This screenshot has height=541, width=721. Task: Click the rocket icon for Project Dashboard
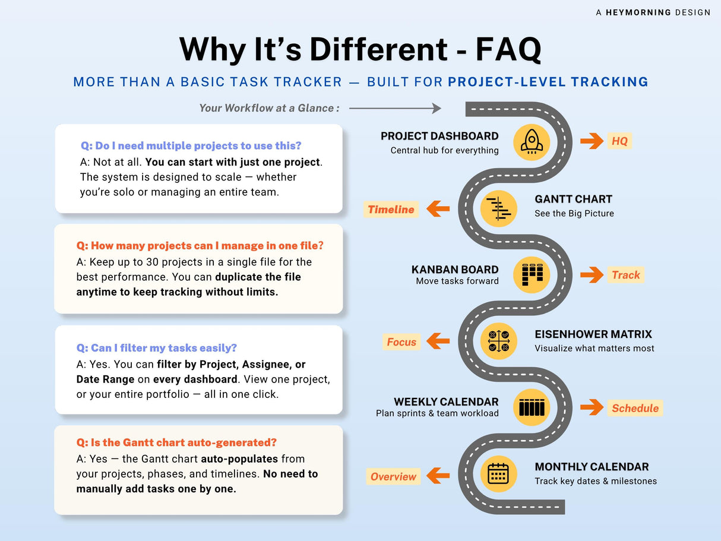coord(532,143)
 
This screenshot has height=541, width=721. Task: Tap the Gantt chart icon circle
coord(499,208)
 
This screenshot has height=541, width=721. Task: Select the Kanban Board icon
coord(532,274)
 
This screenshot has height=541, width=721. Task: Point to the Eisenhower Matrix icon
coord(499,341)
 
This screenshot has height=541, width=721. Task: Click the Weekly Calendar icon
coord(532,407)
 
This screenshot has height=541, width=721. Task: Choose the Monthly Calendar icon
coord(499,474)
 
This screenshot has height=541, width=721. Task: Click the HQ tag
coord(619,141)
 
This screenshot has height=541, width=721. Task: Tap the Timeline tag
coord(391,209)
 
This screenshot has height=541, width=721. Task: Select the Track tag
coord(626,274)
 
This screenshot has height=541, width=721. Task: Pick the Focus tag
coord(401,342)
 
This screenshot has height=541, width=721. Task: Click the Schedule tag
coord(635,408)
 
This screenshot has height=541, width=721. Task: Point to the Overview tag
coord(393,476)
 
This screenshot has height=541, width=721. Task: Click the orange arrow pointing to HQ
coord(592,141)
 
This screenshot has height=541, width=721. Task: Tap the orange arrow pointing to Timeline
coord(438,208)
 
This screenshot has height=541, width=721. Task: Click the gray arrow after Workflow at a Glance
coord(395,108)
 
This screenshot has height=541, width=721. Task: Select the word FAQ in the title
coord(508,49)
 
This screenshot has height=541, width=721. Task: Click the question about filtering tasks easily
coord(157,348)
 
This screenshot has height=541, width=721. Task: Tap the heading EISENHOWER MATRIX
coord(593,334)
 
